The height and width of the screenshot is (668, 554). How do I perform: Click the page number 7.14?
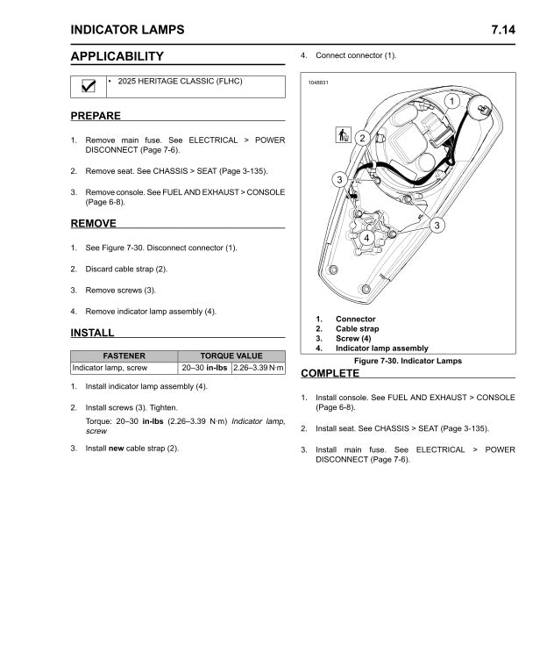tap(503, 30)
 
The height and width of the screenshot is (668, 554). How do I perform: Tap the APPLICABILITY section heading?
tap(117, 56)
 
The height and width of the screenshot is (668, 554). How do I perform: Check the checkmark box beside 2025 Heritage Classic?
tap(88, 86)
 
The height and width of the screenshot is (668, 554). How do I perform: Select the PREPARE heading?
tap(96, 116)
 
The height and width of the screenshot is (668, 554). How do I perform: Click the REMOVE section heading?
tap(93, 224)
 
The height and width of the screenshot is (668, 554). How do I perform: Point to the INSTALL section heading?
tap(92, 333)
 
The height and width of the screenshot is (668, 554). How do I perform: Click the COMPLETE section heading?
tap(330, 373)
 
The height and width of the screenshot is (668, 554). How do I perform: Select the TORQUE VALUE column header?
tap(231, 356)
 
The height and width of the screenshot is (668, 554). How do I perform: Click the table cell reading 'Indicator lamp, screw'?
tap(110, 368)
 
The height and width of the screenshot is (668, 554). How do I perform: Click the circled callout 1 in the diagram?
tap(451, 102)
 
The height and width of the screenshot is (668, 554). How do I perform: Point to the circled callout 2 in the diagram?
tap(361, 138)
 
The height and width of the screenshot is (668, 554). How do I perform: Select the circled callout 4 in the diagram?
tap(366, 238)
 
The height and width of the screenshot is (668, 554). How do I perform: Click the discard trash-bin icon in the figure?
tap(343, 135)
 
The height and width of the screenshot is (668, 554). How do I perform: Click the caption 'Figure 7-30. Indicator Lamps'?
tap(407, 361)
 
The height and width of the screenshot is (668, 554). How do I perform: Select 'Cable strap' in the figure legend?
tap(357, 328)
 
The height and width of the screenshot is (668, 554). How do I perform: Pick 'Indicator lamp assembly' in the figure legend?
tap(381, 348)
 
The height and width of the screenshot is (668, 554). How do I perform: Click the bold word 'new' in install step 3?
tap(116, 449)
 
